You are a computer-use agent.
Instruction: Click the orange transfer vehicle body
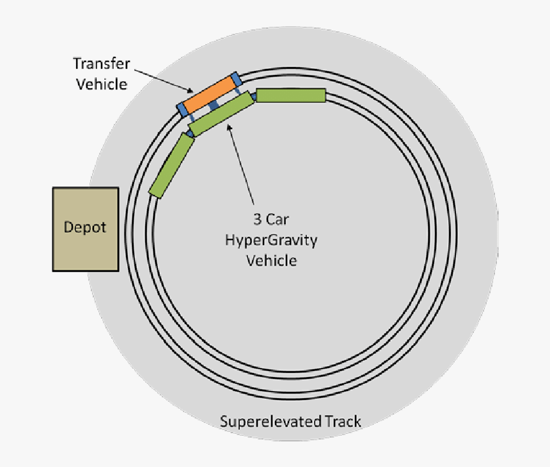(x=209, y=95)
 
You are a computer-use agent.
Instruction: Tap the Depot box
(x=85, y=229)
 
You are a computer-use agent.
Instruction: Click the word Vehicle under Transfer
(x=102, y=84)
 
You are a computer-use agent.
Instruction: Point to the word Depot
(x=85, y=227)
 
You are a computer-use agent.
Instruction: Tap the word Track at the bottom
(x=342, y=422)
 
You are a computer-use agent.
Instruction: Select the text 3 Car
(x=271, y=220)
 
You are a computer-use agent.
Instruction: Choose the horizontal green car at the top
(x=291, y=95)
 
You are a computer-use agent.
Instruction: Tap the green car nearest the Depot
(x=171, y=165)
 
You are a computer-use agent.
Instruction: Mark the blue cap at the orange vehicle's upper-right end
(x=237, y=79)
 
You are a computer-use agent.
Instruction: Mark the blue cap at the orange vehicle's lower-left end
(x=182, y=109)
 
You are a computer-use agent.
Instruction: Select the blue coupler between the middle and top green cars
(x=253, y=96)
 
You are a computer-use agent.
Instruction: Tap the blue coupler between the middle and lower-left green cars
(x=190, y=133)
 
